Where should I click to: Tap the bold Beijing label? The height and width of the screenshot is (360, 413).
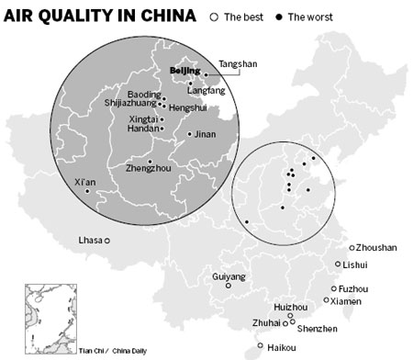tap(185, 70)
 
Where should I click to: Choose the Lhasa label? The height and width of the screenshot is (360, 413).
tap(90, 241)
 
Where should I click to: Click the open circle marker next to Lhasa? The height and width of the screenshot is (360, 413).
tap(107, 241)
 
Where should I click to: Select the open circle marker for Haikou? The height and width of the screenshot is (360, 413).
tap(261, 347)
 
